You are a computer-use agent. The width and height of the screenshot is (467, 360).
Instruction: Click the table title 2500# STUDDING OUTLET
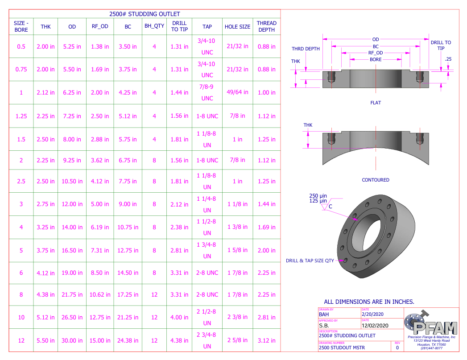coord(145,14)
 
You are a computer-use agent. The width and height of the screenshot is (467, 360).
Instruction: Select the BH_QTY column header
coord(154,26)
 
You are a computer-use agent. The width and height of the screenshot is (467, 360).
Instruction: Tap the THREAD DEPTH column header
coord(267,26)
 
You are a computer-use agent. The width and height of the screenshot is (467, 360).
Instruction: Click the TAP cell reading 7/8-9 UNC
coord(207,93)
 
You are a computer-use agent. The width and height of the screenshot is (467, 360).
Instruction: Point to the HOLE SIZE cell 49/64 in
coord(237,92)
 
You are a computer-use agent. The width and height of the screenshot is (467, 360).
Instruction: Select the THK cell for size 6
coord(45,273)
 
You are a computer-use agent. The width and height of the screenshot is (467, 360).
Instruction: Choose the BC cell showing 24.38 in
coord(128,340)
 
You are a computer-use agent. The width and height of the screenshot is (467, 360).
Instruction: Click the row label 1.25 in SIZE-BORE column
coord(21,116)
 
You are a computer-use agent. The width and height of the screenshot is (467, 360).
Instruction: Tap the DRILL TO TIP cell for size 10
coord(179,318)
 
